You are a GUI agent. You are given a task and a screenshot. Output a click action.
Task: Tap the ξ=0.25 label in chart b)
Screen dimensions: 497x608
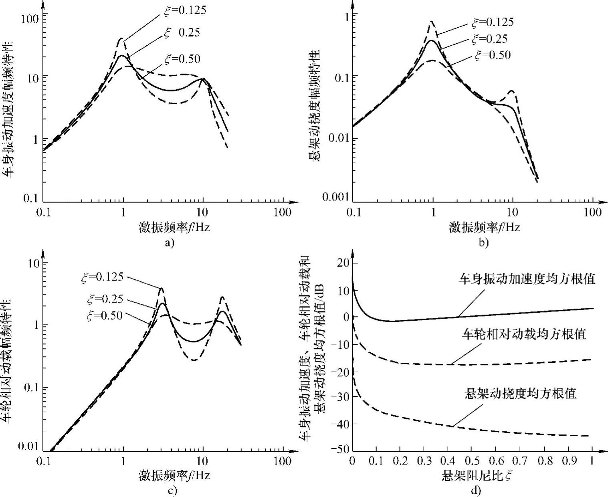[x=489, y=39]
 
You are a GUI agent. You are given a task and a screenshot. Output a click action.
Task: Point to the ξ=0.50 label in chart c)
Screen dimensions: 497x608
[x=105, y=315]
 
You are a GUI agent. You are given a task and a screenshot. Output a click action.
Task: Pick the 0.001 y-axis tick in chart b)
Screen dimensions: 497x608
[x=336, y=196]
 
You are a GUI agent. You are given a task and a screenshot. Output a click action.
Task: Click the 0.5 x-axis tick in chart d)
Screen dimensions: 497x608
[x=472, y=460]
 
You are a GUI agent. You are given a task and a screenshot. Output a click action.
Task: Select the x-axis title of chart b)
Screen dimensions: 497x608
[x=484, y=227]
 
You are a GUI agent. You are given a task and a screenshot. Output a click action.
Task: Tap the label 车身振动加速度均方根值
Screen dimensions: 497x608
[x=527, y=279]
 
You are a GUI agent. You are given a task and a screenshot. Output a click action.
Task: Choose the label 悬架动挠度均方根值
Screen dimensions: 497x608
[x=520, y=393]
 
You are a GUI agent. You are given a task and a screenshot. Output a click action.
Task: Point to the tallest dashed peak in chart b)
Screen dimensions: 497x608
[x=431, y=22]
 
